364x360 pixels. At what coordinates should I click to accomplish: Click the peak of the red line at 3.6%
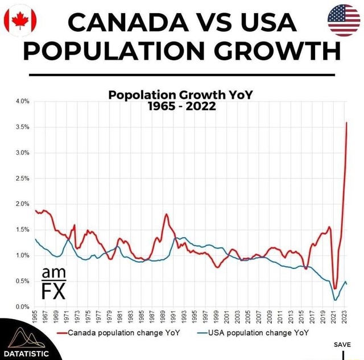(x=346, y=122)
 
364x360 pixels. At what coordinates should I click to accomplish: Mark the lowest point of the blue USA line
(x=335, y=300)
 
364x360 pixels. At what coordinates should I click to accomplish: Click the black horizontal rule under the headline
(x=182, y=75)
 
